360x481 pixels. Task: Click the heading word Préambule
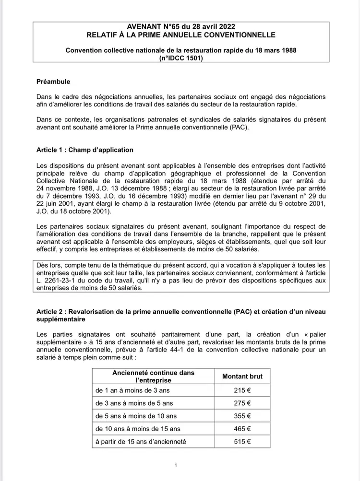[53, 82]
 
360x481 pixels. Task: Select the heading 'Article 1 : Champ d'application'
[85, 150]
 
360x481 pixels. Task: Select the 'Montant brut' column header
[242, 376]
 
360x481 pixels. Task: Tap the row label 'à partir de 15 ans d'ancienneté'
[141, 441]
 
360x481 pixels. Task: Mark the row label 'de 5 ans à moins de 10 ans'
[136, 416]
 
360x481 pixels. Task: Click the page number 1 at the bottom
[176, 465]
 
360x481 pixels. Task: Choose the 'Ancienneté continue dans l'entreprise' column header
[146, 376]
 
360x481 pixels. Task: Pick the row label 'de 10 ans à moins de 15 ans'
[138, 429]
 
